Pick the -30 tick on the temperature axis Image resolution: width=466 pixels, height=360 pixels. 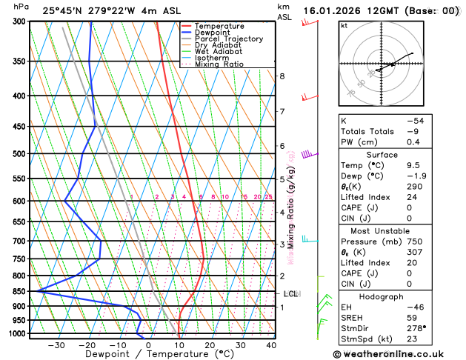[56, 345]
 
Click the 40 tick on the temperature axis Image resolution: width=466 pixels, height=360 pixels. [272, 345]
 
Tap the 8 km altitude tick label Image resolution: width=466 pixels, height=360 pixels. [282, 76]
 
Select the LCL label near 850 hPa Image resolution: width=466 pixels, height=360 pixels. [290, 294]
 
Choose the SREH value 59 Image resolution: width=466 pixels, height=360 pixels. [412, 317]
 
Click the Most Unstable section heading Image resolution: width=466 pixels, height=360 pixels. [376, 230]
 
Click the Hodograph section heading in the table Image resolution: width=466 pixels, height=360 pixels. [376, 296]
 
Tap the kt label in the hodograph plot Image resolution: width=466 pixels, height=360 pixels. [344, 26]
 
